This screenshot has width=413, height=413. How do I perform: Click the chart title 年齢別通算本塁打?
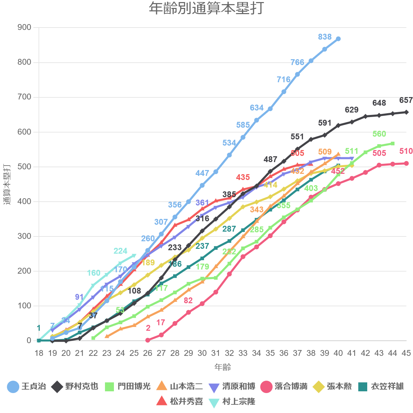(x=206, y=9)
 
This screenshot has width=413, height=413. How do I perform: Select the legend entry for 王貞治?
(x=27, y=386)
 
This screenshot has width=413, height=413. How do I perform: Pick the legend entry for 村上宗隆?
(x=232, y=402)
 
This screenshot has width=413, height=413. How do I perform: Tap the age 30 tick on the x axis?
(x=202, y=353)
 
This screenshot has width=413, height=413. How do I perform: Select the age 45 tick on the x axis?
(x=406, y=353)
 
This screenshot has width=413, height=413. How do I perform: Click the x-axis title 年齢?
(x=223, y=367)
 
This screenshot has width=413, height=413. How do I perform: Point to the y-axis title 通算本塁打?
(x=7, y=184)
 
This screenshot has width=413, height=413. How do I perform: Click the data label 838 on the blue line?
(x=325, y=37)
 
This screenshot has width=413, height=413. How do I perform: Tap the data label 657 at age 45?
(x=406, y=100)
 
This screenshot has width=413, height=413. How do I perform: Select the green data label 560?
(x=379, y=134)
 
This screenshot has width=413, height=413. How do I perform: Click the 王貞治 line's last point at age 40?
(x=338, y=39)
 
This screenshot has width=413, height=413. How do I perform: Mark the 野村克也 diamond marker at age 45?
(x=406, y=112)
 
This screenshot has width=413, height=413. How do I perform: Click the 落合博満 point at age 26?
(x=148, y=340)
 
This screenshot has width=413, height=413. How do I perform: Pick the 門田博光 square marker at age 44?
(x=393, y=144)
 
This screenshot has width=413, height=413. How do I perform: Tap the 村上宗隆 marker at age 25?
(x=134, y=255)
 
